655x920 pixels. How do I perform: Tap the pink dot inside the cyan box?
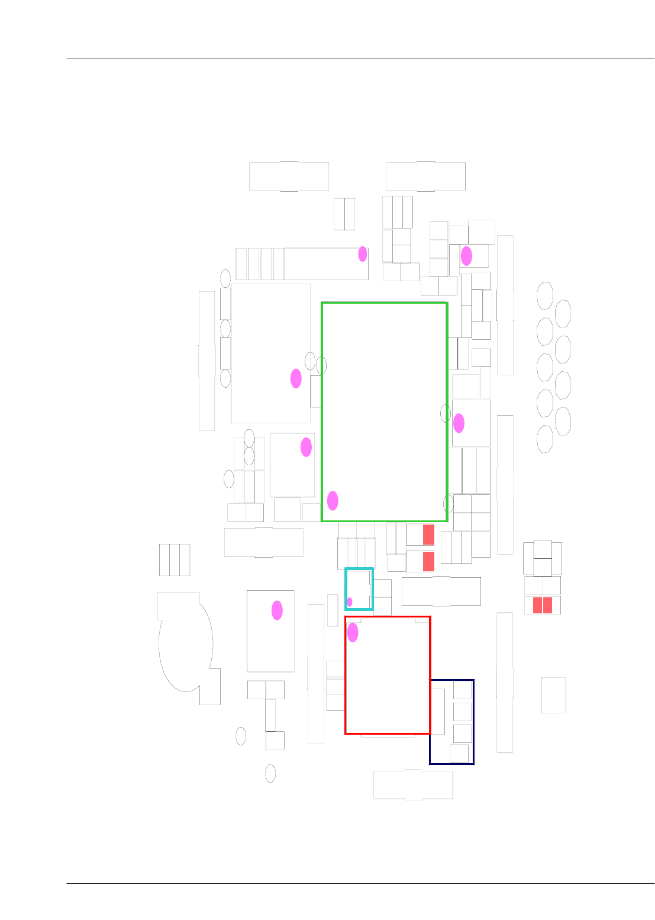[x=350, y=602]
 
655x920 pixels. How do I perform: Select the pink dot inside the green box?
[x=333, y=501]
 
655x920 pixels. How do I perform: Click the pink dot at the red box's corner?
[x=353, y=632]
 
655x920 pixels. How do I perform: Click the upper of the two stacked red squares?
[x=428, y=535]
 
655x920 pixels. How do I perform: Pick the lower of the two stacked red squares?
[x=428, y=561]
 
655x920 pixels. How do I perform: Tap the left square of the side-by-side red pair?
[x=537, y=605]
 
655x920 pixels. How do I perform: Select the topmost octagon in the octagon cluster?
[x=545, y=295]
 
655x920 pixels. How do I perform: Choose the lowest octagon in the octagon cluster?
[x=544, y=439]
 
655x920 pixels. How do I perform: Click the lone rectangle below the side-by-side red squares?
[x=553, y=695]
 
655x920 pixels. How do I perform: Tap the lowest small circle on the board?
[x=270, y=773]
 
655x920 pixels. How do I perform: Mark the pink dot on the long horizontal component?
[x=363, y=254]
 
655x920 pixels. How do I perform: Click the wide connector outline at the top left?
[x=289, y=176]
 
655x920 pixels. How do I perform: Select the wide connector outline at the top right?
[x=425, y=176]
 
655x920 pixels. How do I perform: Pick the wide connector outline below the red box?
[x=413, y=785]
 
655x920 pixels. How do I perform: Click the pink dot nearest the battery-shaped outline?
[x=277, y=610]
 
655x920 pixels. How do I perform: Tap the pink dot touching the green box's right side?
[x=459, y=423]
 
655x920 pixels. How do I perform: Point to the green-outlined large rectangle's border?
[x=322, y=414]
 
